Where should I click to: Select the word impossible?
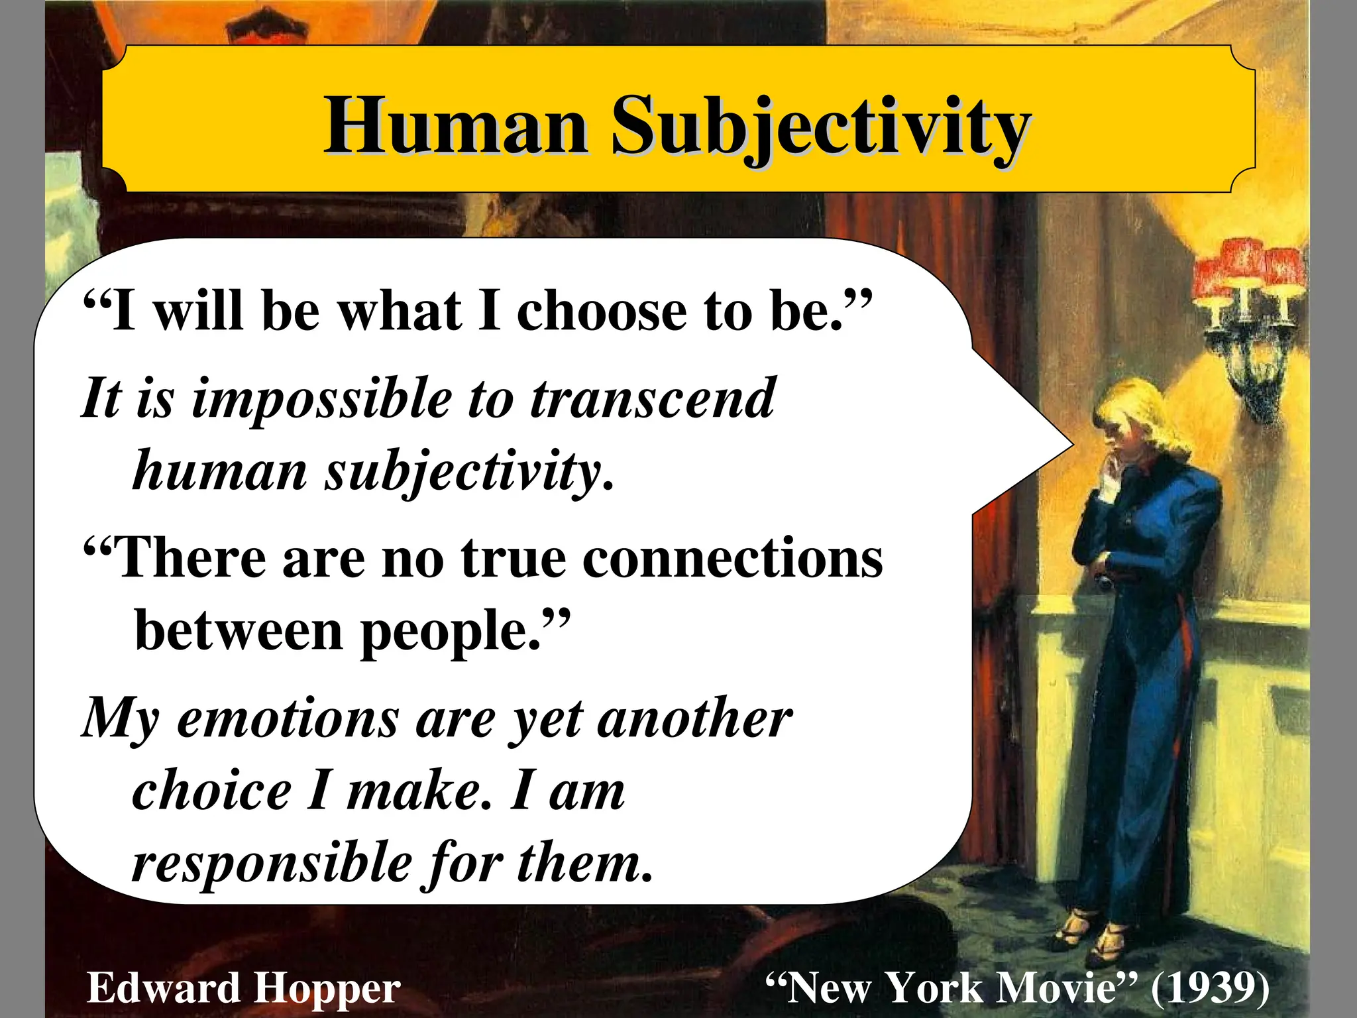click(x=321, y=400)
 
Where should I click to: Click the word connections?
click(x=732, y=558)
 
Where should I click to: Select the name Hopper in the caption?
click(x=327, y=988)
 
